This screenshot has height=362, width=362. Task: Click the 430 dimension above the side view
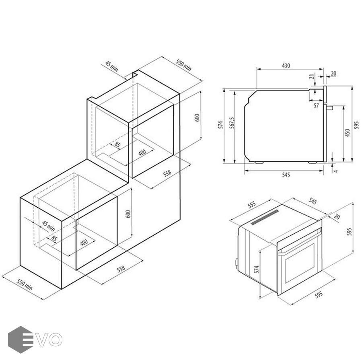click(x=286, y=66)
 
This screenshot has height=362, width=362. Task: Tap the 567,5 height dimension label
click(x=232, y=123)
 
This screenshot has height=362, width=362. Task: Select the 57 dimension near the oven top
click(x=316, y=105)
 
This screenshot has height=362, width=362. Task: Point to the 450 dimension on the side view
click(x=347, y=133)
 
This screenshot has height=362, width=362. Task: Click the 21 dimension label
click(x=312, y=76)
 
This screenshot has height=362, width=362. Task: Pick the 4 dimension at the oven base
click(x=336, y=171)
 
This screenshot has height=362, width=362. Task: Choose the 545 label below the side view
click(x=286, y=175)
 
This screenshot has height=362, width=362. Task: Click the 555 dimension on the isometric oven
click(x=252, y=205)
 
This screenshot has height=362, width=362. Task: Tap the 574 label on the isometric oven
click(x=257, y=269)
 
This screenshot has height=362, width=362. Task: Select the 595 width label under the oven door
click(x=319, y=294)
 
